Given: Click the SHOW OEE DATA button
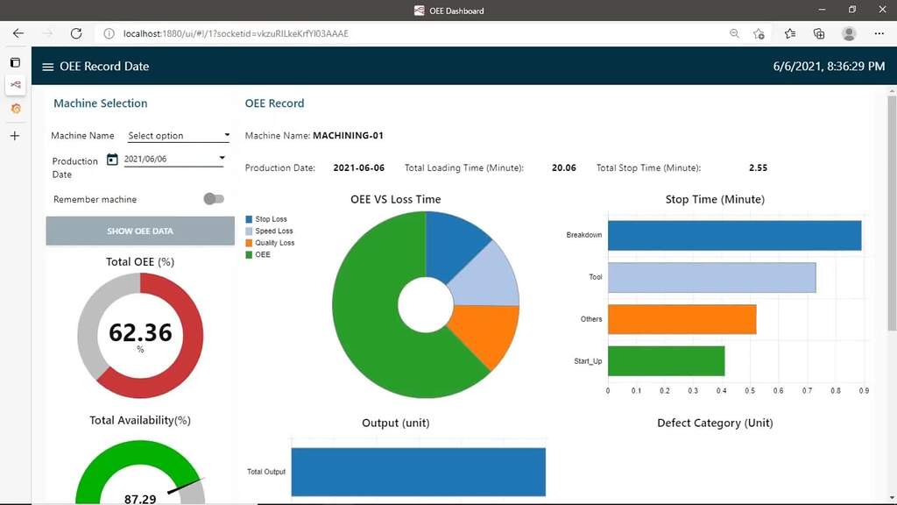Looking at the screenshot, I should pyautogui.click(x=140, y=231).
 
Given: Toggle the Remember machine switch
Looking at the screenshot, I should pyautogui.click(x=213, y=199).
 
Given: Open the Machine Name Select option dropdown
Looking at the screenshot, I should pyautogui.click(x=178, y=136).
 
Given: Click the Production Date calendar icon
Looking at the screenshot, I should pyautogui.click(x=112, y=160).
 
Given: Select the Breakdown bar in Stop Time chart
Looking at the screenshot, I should pyautogui.click(x=734, y=235).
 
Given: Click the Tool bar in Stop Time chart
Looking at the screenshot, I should pyautogui.click(x=711, y=277).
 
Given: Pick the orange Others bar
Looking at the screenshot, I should pyautogui.click(x=682, y=319).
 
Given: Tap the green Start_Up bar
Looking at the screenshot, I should pyautogui.click(x=666, y=361).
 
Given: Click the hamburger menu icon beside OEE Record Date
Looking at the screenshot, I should pyautogui.click(x=48, y=67).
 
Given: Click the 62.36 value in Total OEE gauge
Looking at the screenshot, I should pyautogui.click(x=140, y=333).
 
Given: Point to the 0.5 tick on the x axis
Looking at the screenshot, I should pyautogui.click(x=750, y=390).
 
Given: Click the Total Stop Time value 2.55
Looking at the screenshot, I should pyautogui.click(x=758, y=167).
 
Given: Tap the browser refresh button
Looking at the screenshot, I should pyautogui.click(x=76, y=33).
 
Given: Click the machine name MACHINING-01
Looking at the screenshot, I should pyautogui.click(x=348, y=136).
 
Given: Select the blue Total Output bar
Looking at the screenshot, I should pyautogui.click(x=418, y=472).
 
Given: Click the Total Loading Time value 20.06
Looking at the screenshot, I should pyautogui.click(x=563, y=167).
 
